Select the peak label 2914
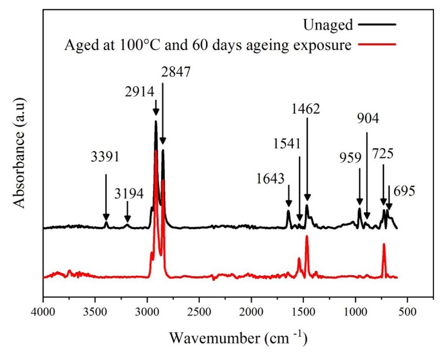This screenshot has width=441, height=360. pyautogui.click(x=139, y=92)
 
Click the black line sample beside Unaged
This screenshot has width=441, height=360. pyautogui.click(x=378, y=25)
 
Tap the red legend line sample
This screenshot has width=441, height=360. pyautogui.click(x=378, y=44)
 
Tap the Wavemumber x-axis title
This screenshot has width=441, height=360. pyautogui.click(x=238, y=338)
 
